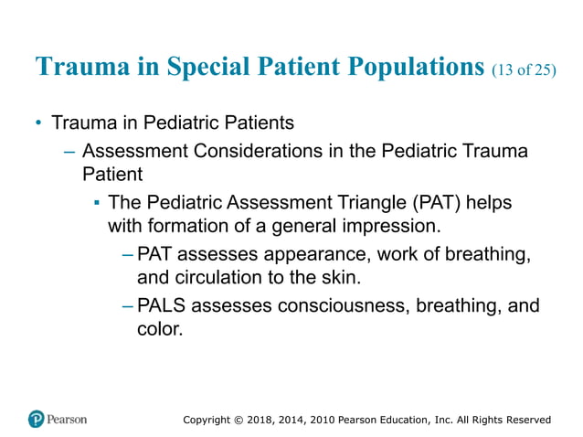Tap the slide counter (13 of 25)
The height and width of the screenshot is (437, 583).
tap(523, 70)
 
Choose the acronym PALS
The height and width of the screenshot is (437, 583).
tap(163, 304)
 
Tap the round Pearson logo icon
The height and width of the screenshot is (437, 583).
tap(36, 419)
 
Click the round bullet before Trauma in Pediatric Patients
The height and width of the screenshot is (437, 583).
tap(38, 123)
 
